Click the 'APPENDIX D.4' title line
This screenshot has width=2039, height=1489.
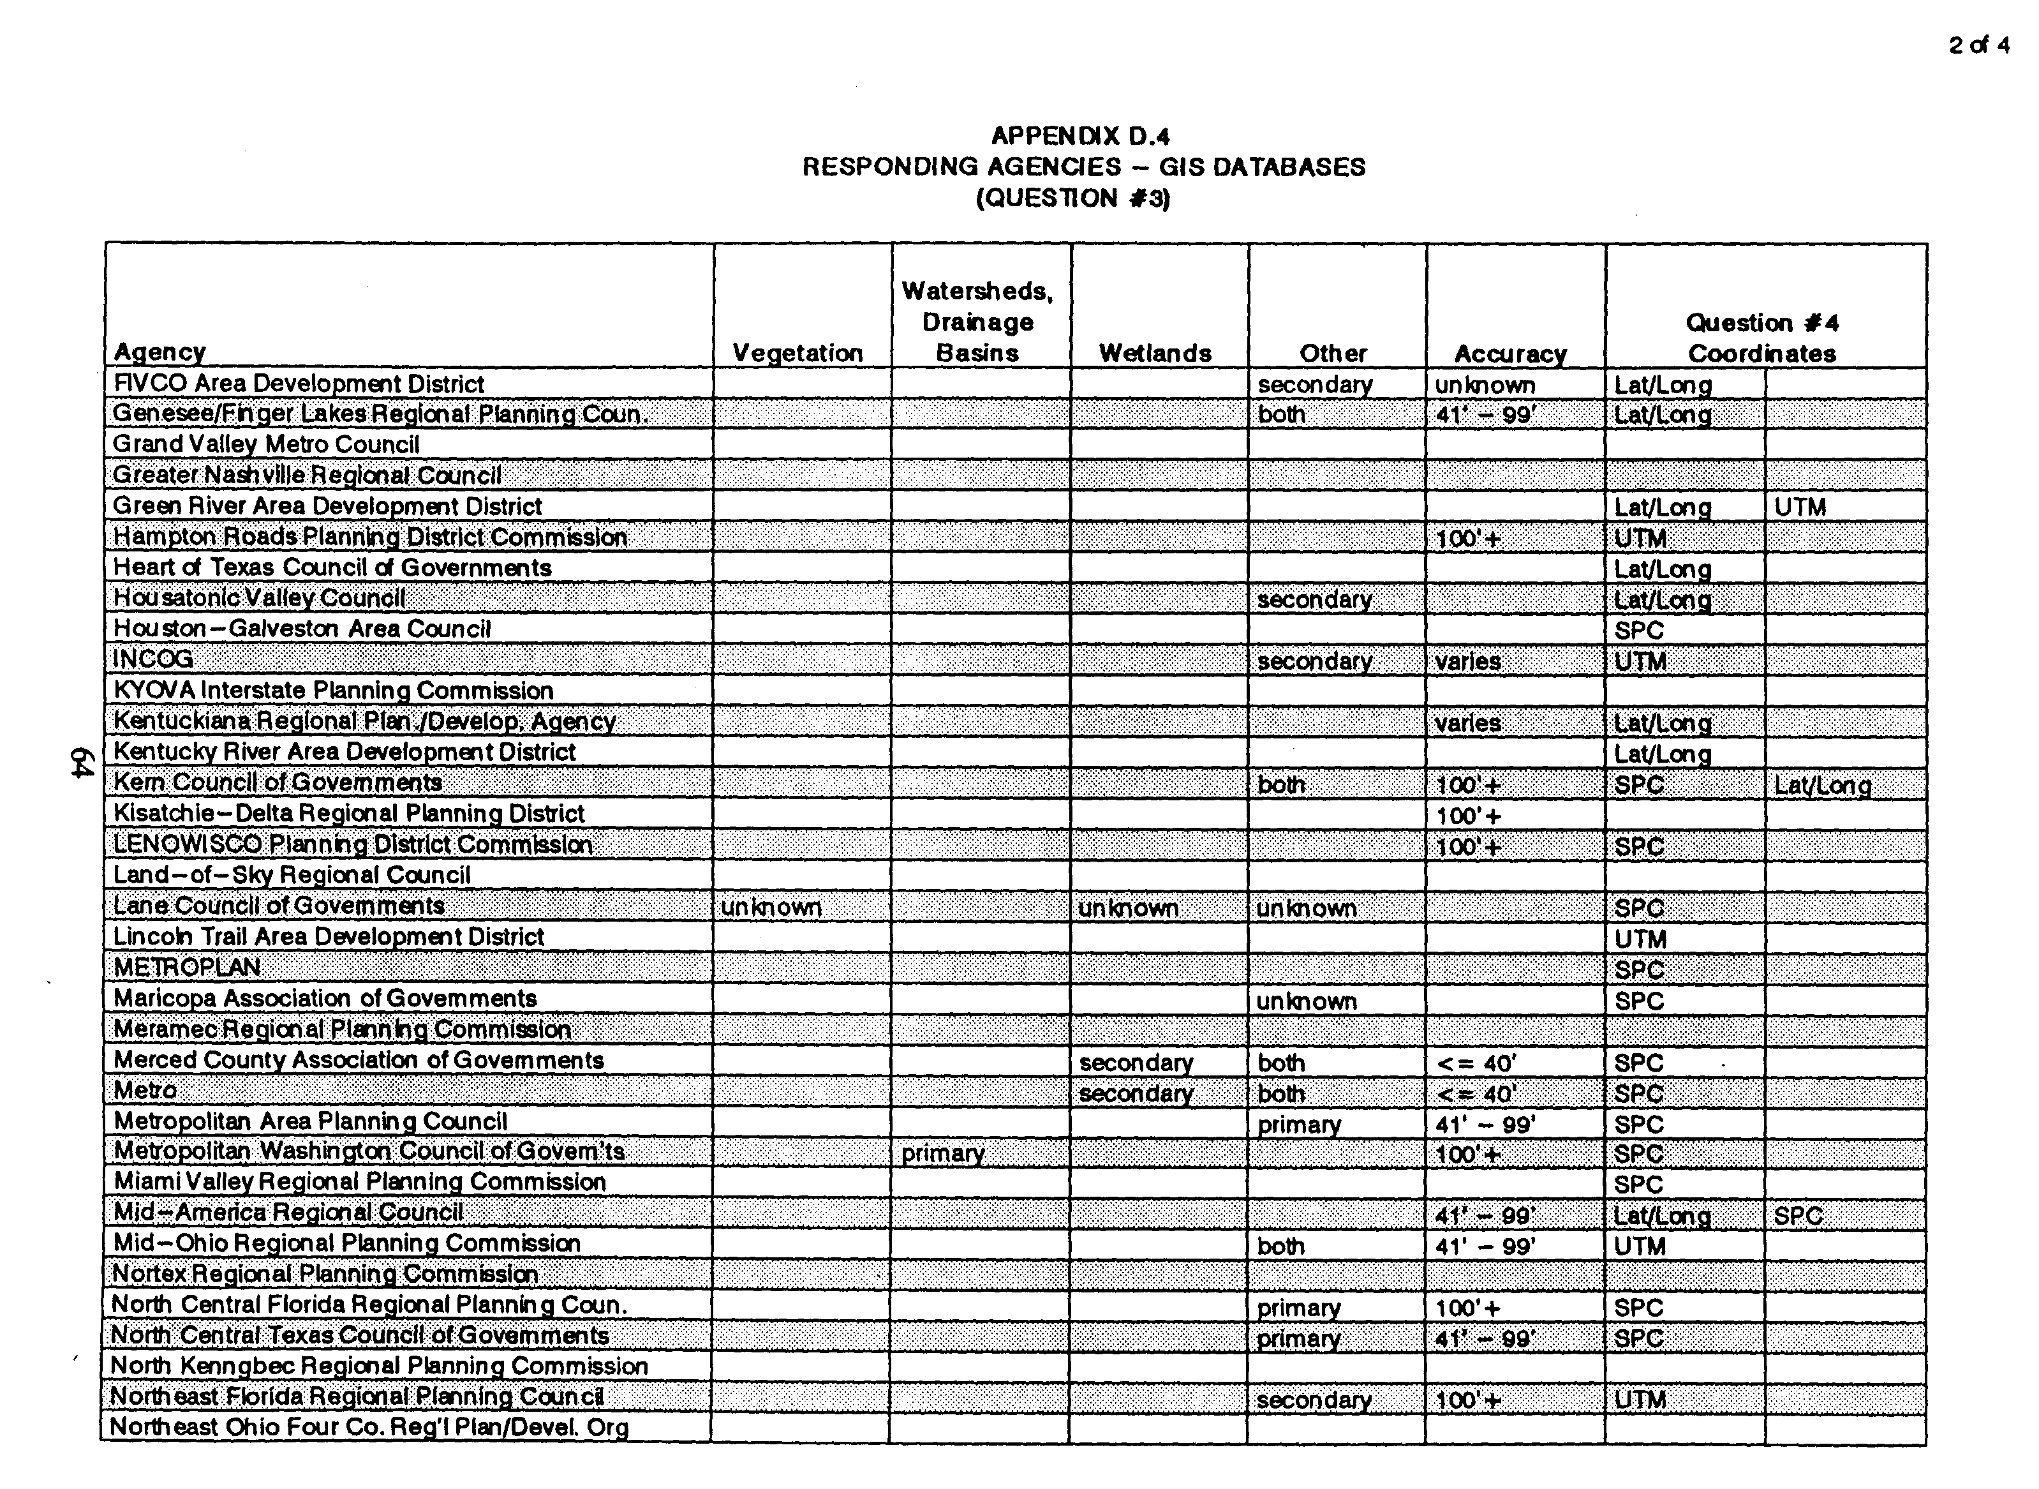[x=1080, y=136]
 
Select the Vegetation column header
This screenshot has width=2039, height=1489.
[x=797, y=354]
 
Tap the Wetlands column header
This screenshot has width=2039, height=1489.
[x=1155, y=354]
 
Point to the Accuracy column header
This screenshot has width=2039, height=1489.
[x=1511, y=354]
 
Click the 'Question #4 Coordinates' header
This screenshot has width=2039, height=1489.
[x=1762, y=338]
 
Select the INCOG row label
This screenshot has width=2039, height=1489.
[x=152, y=660]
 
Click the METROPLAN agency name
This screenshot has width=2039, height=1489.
[x=188, y=968]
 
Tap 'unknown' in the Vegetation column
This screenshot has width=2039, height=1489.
[x=771, y=908]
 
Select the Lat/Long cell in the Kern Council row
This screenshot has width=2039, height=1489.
[x=1822, y=786]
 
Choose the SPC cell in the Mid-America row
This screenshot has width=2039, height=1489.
[x=1798, y=1216]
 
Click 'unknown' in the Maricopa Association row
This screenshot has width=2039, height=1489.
[x=1307, y=1001]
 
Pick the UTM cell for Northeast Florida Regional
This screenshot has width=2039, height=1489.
[x=1640, y=1400]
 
